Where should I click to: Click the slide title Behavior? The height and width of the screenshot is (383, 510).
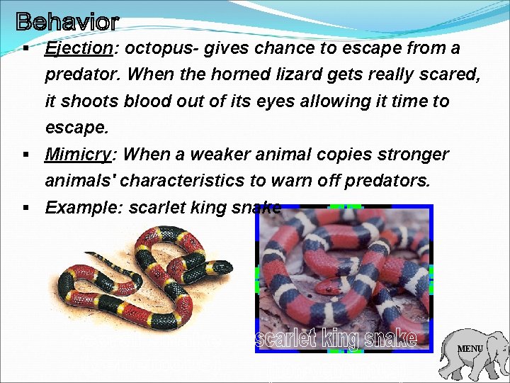point(67,22)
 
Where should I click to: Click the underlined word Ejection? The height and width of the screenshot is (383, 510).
point(78,49)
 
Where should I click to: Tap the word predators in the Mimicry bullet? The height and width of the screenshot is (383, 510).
point(387,181)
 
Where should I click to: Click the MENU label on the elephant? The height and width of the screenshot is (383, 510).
point(470,349)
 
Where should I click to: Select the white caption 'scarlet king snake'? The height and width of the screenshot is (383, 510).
point(334,339)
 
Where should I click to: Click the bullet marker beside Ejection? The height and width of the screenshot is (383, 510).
point(25,49)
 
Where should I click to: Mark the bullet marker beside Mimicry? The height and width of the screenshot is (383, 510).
point(25,155)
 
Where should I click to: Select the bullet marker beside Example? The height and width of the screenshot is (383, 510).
point(25,208)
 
